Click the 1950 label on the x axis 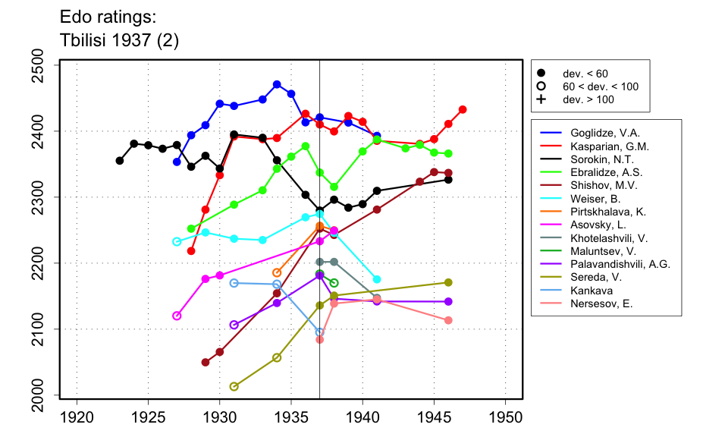[506, 417]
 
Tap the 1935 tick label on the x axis [291, 417]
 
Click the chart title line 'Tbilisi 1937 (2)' [119, 41]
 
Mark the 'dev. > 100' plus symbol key [541, 99]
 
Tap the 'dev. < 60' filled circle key [541, 74]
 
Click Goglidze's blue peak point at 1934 [277, 84]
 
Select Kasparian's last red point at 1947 [463, 109]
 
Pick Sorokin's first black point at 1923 [120, 161]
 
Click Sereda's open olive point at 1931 [234, 386]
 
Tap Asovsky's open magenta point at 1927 [177, 316]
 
